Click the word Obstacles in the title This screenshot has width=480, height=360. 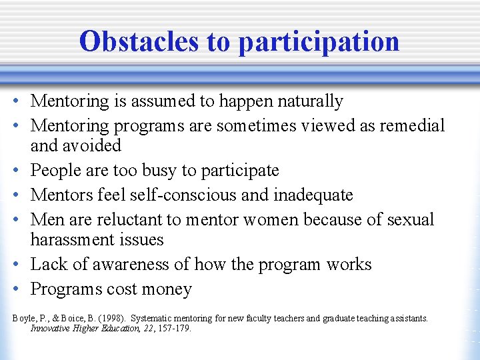[x=138, y=41]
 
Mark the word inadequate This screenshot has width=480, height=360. [x=313, y=195]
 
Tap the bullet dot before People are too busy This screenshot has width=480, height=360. [x=15, y=171]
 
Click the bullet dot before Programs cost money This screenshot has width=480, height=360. [x=15, y=289]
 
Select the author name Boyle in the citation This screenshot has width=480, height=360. [x=23, y=319]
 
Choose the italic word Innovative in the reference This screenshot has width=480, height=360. [x=52, y=329]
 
